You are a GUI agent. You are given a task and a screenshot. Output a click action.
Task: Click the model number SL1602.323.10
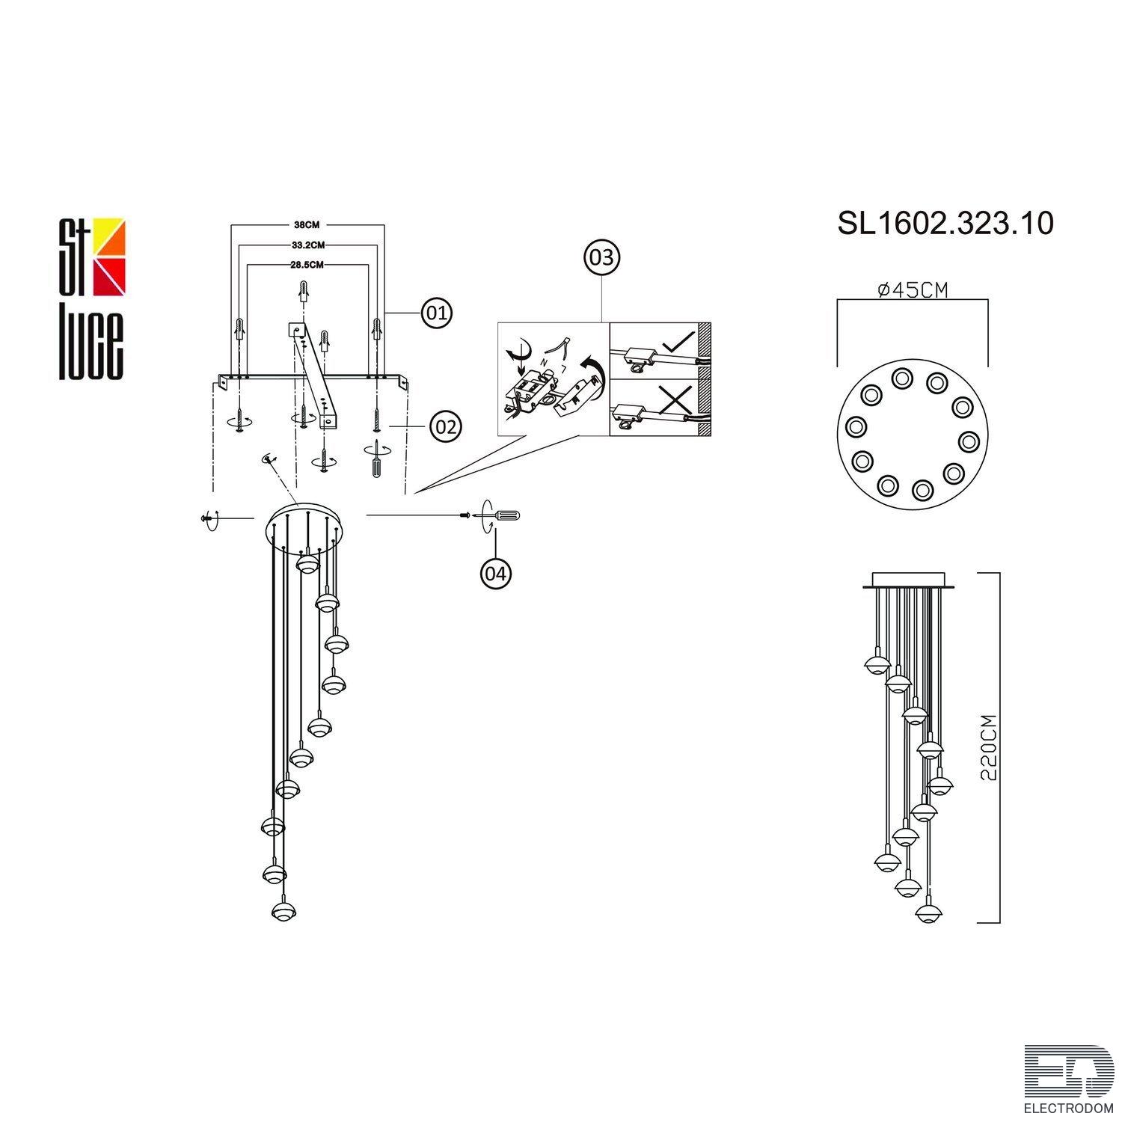(x=945, y=223)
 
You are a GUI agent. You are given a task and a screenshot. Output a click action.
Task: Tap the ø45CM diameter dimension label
(x=912, y=289)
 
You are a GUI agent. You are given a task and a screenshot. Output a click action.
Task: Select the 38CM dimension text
(x=307, y=224)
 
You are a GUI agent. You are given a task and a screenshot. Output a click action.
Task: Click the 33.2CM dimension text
(x=307, y=244)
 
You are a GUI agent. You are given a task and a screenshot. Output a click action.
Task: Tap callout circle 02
(x=445, y=427)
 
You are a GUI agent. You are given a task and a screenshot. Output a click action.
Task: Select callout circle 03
(x=602, y=257)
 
